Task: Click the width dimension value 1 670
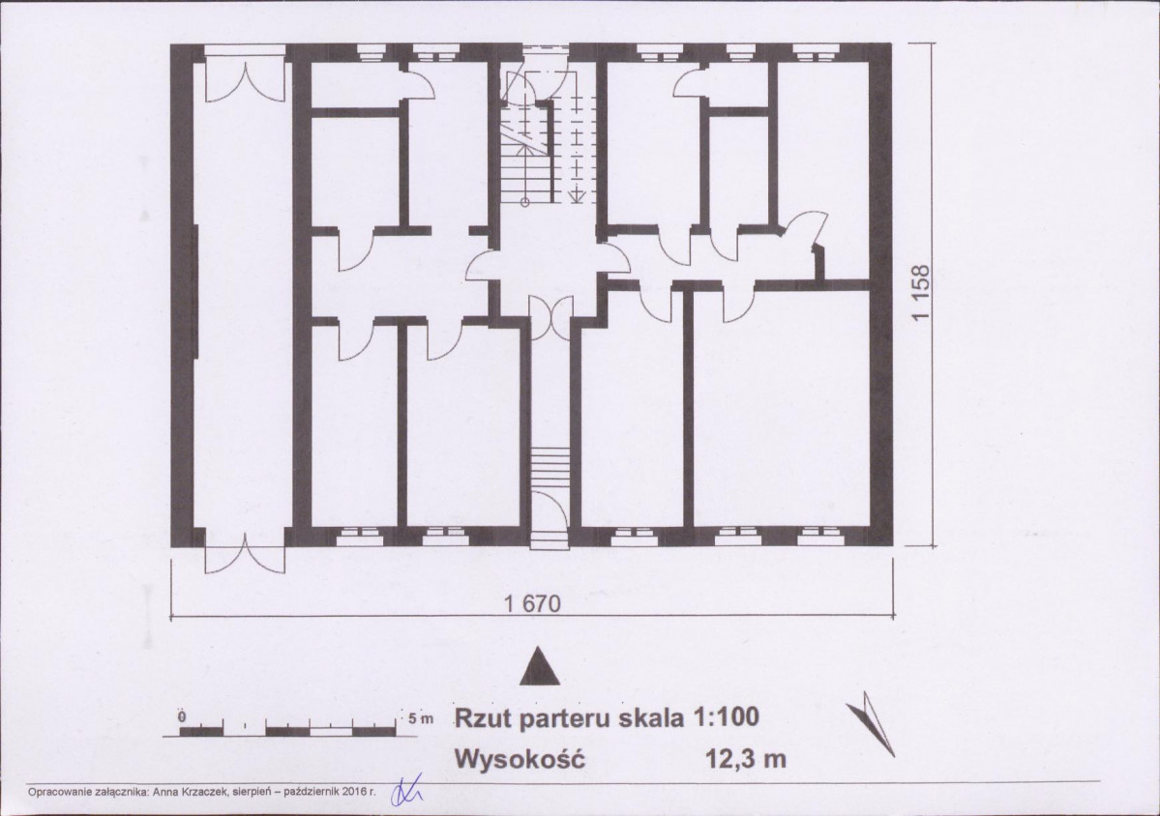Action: pyautogui.click(x=532, y=602)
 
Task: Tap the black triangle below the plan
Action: pyautogui.click(x=541, y=666)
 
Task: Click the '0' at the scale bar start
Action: pyautogui.click(x=182, y=716)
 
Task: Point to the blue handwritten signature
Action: pyautogui.click(x=401, y=792)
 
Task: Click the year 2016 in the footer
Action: pyautogui.click(x=347, y=791)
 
